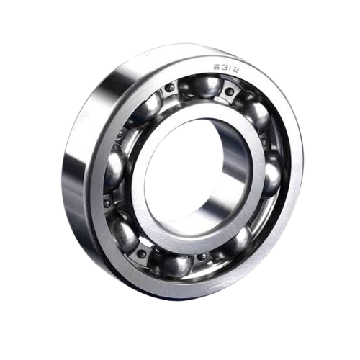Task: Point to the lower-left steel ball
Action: pyautogui.click(x=122, y=232)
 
